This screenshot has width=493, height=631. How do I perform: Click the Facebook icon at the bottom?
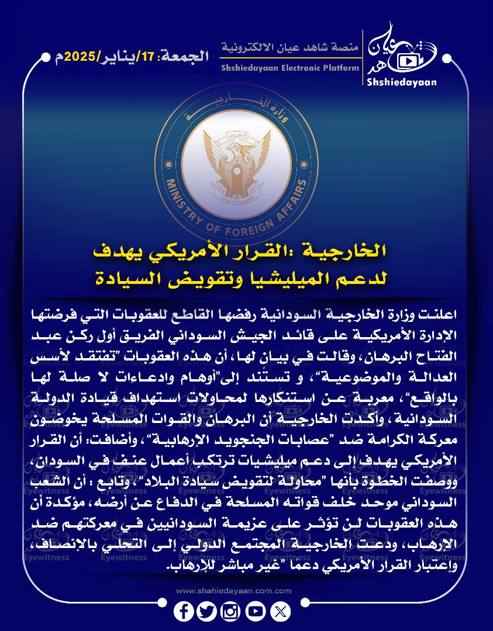coord(184,612)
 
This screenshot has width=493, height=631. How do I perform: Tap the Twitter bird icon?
coord(207,612)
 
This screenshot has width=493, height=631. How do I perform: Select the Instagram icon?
coord(230,612)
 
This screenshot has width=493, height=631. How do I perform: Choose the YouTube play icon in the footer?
coord(256,612)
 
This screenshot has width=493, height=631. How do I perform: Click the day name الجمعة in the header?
coord(189,57)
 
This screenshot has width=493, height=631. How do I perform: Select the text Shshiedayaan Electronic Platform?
coord(290,68)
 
